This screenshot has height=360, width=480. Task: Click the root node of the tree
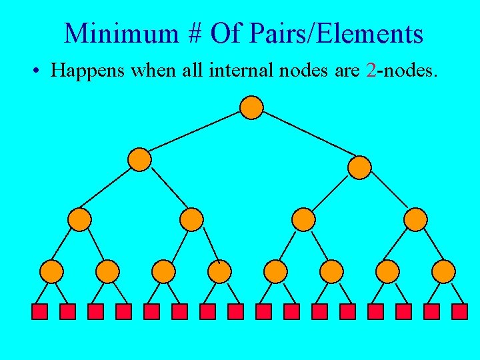click(251, 107)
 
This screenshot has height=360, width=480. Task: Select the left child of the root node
click(140, 159)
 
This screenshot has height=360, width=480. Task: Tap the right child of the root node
click(359, 167)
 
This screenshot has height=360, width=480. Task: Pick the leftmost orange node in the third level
click(79, 219)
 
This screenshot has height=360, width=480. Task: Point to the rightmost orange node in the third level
click(415, 219)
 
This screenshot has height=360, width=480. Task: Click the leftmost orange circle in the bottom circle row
click(52, 271)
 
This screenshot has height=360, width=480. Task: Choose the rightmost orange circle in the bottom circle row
click(443, 271)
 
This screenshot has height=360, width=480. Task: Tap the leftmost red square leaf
click(40, 311)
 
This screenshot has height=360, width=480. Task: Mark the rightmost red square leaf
click(460, 311)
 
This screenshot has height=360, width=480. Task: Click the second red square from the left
click(68, 311)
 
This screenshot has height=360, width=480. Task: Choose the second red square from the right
click(432, 311)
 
